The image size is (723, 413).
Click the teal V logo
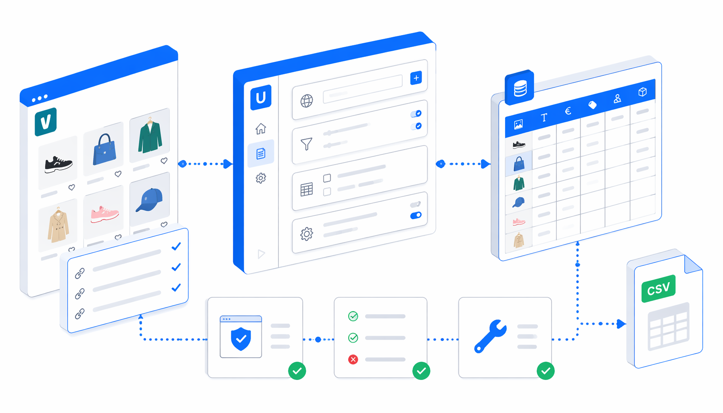click(x=46, y=122)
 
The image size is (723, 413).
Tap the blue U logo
click(x=261, y=98)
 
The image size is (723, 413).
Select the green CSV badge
click(x=658, y=288)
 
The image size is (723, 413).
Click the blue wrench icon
click(x=490, y=336)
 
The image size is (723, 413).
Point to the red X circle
click(x=353, y=359)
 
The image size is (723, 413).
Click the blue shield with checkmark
click(x=241, y=339)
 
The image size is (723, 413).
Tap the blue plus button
click(x=416, y=78)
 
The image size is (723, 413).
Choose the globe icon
click(x=307, y=101)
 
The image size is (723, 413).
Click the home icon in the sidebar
click(x=261, y=129)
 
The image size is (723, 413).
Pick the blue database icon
click(x=520, y=88)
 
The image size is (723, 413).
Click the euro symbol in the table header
click(x=568, y=111)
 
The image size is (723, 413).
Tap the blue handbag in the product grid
click(x=104, y=150)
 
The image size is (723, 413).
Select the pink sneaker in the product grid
click(x=104, y=214)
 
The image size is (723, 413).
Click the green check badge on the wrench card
click(x=545, y=371)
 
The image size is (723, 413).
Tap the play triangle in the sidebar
click(x=261, y=254)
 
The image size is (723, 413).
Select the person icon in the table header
click(x=617, y=99)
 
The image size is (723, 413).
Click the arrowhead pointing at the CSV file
click(x=621, y=323)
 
